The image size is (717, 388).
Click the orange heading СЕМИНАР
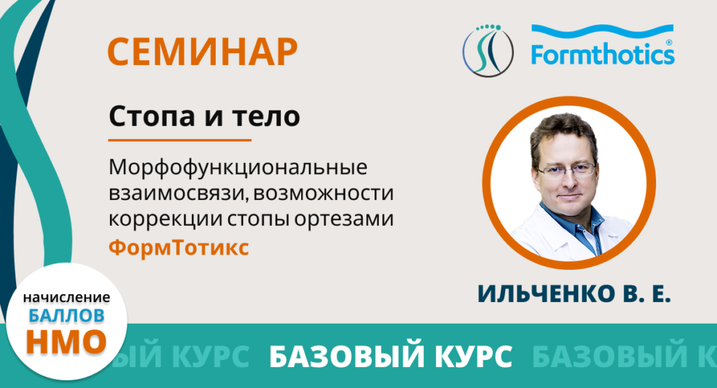(x=202, y=52)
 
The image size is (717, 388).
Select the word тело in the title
(x=266, y=117)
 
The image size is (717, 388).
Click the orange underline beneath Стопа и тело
(x=180, y=140)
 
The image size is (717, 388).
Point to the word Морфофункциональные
(x=238, y=168)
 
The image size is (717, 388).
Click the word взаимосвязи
(x=178, y=193)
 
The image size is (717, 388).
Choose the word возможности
(x=323, y=193)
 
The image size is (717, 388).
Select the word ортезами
(x=344, y=220)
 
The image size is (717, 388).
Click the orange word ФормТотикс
(x=179, y=248)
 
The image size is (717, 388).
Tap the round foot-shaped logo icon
(x=488, y=50)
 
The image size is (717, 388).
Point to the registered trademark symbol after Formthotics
(x=669, y=43)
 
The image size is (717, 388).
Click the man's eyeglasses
(x=566, y=171)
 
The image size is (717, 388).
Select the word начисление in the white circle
(x=67, y=298)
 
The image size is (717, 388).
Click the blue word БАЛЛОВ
(x=67, y=315)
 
